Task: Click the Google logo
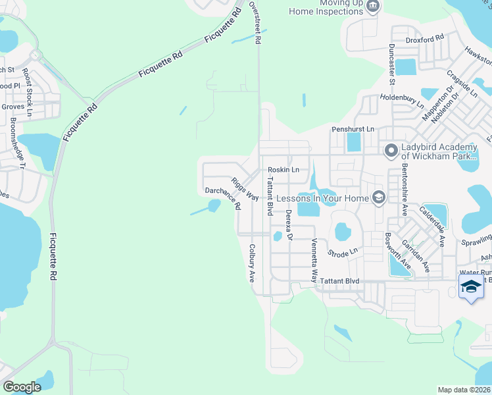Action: (x=22, y=387)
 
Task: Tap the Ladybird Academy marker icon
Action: (x=391, y=151)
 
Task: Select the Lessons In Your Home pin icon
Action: (x=378, y=197)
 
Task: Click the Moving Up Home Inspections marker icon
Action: (x=373, y=7)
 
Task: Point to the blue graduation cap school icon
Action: (x=470, y=286)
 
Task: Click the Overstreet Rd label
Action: (x=256, y=22)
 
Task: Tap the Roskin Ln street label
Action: (x=283, y=170)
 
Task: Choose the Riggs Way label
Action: (x=243, y=189)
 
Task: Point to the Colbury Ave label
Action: (x=251, y=263)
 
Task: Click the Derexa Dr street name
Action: (x=288, y=224)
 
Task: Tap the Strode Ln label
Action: (x=343, y=251)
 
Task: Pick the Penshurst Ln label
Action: (x=353, y=129)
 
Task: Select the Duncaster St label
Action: (x=391, y=65)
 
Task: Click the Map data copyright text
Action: (x=464, y=390)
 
